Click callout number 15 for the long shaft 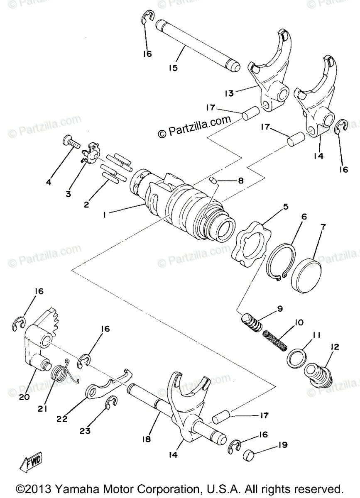(173, 67)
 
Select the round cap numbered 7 (306, 276)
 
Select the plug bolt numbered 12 (319, 376)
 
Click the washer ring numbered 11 (297, 357)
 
